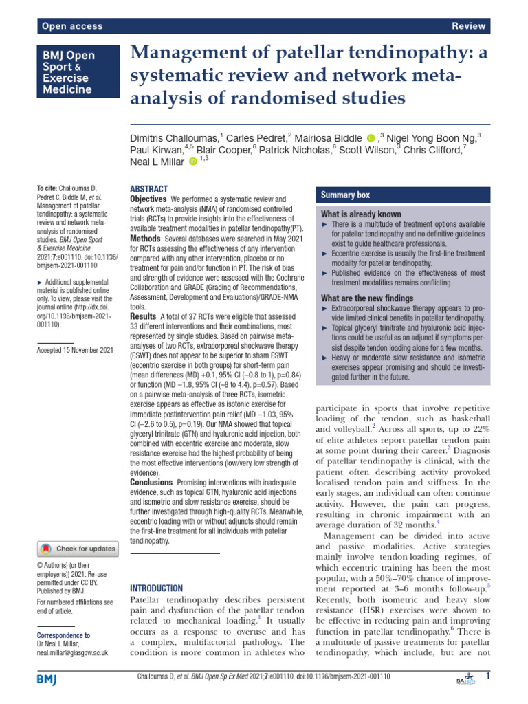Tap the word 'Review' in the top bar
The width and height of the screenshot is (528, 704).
click(x=470, y=26)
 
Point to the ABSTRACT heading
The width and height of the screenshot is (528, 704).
click(x=148, y=188)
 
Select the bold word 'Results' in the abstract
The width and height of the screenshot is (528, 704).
click(x=143, y=314)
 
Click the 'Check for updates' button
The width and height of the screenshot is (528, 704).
click(x=78, y=549)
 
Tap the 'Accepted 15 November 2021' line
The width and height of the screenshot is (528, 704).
click(x=75, y=350)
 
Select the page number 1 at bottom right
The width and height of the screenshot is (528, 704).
click(x=487, y=677)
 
